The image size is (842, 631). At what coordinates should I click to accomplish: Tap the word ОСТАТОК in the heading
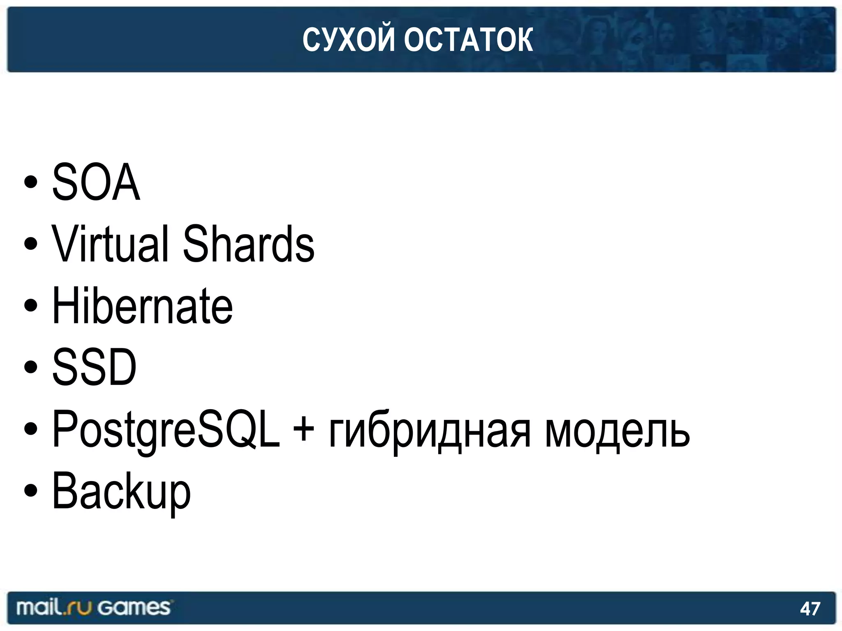pyautogui.click(x=468, y=40)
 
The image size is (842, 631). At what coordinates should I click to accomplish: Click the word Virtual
pyautogui.click(x=110, y=244)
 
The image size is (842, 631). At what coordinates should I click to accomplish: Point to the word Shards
pyautogui.click(x=248, y=244)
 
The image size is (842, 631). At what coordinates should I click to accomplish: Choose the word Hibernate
pyautogui.click(x=142, y=306)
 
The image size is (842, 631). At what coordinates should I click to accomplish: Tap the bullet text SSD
pyautogui.click(x=94, y=367)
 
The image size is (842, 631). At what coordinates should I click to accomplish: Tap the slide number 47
pyautogui.click(x=810, y=608)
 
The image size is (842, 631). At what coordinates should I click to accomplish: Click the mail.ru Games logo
pyautogui.click(x=93, y=608)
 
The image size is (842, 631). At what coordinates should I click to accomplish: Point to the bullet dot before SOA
pyautogui.click(x=31, y=182)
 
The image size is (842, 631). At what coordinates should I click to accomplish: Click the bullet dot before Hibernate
pyautogui.click(x=31, y=306)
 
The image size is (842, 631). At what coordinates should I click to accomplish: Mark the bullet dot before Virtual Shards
pyautogui.click(x=31, y=244)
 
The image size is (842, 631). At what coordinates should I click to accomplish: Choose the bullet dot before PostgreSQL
pyautogui.click(x=31, y=429)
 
